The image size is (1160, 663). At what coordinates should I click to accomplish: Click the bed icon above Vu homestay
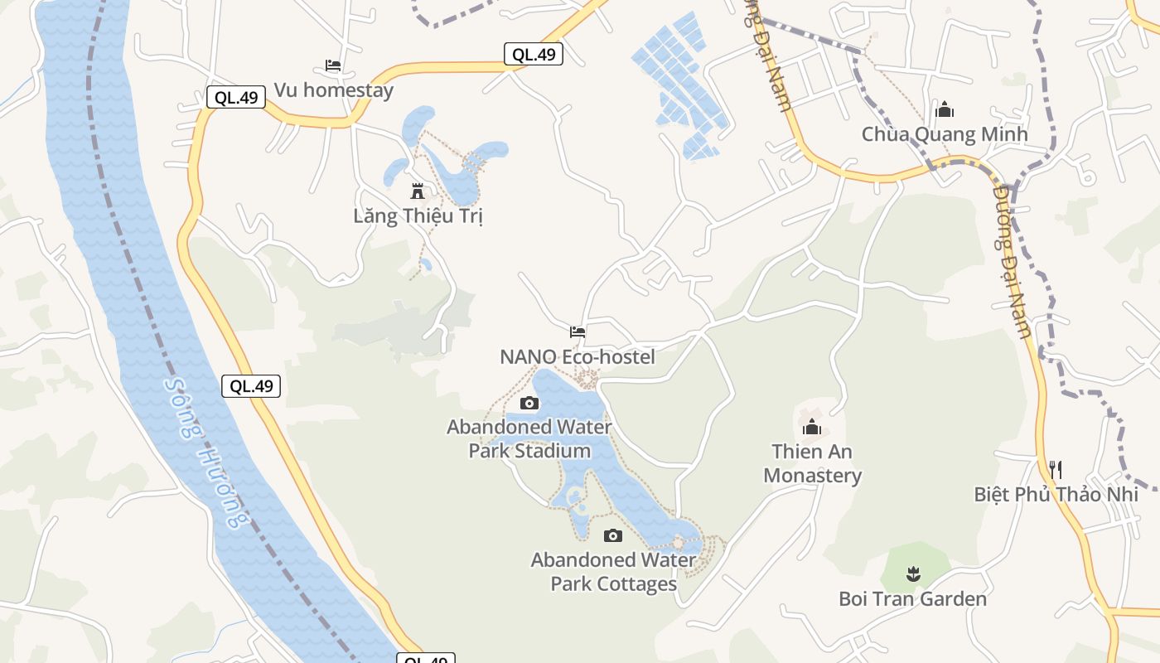pos(333,65)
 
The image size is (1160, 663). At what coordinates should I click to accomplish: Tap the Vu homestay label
pos(333,90)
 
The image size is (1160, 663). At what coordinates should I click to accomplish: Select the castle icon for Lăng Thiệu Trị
pos(418,191)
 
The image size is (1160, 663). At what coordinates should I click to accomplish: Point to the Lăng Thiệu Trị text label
pos(418,216)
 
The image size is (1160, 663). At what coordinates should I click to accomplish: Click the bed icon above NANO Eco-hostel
pos(578,331)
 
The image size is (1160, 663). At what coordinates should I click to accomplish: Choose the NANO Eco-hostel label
pos(578,357)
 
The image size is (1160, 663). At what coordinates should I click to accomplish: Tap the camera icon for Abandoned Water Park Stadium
pos(529,404)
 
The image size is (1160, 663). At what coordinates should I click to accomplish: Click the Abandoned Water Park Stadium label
pos(529,439)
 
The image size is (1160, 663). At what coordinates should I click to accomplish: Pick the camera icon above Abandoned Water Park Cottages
pos(613,535)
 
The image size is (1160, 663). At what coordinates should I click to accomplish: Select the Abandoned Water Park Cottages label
pos(614,572)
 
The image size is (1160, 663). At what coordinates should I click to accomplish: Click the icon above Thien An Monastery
pos(812,428)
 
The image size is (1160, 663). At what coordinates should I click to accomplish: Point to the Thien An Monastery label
pos(812,463)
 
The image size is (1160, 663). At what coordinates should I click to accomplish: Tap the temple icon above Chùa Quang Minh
pos(945,109)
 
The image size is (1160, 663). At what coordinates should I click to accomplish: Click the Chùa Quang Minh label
pos(945,134)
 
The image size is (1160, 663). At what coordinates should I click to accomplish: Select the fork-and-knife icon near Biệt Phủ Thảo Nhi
pos(1056,470)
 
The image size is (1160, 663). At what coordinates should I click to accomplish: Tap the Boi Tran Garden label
pos(912,598)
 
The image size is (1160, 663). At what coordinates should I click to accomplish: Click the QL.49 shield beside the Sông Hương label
pos(251,385)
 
